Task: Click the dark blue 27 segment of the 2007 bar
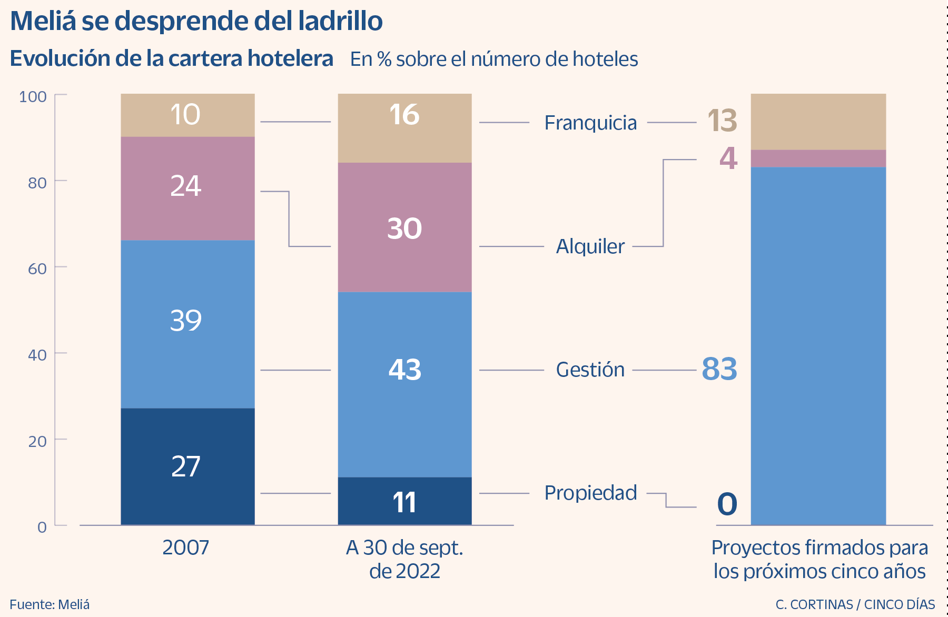tap(187, 466)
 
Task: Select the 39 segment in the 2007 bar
tap(187, 324)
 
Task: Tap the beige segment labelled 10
tap(187, 115)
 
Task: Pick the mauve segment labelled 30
tap(404, 227)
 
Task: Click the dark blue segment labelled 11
tap(404, 501)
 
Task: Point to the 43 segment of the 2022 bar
tap(404, 384)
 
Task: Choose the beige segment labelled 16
tap(404, 127)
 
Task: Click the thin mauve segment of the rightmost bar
tap(818, 158)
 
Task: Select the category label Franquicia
tap(590, 123)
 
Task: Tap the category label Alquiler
tap(590, 246)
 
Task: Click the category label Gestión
tap(590, 370)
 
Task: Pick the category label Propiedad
tap(590, 493)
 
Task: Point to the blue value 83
tap(719, 369)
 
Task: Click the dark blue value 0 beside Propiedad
tap(727, 504)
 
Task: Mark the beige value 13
tap(722, 121)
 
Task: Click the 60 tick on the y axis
tap(37, 269)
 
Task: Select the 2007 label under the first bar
tap(185, 548)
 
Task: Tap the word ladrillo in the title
tap(340, 21)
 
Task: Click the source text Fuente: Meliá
tap(50, 604)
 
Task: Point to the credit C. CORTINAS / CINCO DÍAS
tap(855, 604)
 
